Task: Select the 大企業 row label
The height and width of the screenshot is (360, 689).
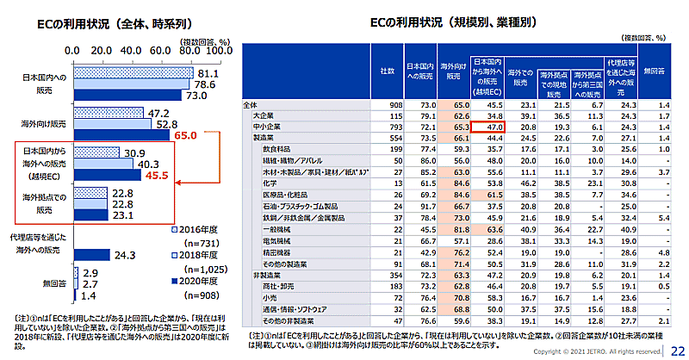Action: pyautogui.click(x=264, y=115)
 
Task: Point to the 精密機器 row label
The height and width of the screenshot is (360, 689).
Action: pyautogui.click(x=275, y=251)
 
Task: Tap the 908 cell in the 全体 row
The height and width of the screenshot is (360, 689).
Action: pyautogui.click(x=387, y=104)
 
